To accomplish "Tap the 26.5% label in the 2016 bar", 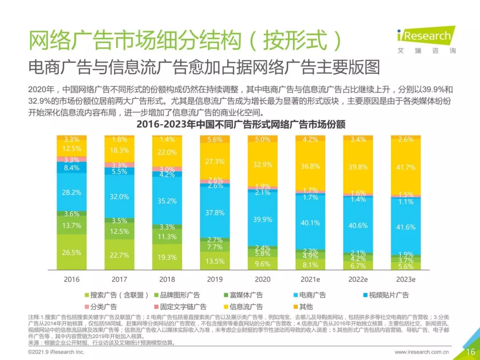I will point(72,252).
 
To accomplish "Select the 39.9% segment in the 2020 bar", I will point(262,220).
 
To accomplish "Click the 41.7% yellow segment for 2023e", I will point(405,168).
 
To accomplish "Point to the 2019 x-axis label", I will point(215,280).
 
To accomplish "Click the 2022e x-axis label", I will point(358,280).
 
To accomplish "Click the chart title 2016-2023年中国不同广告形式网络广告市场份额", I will point(240,124).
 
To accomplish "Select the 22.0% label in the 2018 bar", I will point(167,152).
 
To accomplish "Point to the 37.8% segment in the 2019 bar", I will point(215,213).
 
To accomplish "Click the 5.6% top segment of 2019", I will point(215,139).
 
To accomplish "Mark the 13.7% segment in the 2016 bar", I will point(72,225).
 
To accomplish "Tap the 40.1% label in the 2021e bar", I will point(310,223).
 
